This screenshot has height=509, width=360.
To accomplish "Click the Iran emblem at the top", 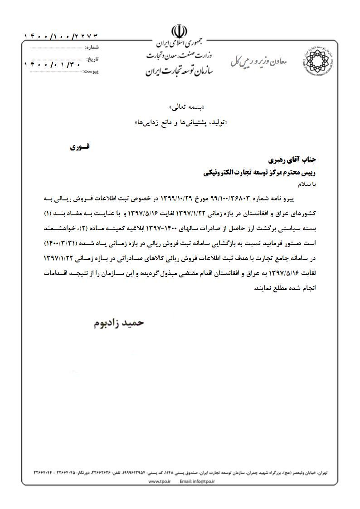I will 179,32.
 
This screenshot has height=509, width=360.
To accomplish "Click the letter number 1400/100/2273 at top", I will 61,36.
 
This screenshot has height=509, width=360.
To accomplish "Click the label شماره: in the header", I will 92,47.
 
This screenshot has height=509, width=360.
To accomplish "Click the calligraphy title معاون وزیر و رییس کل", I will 259,61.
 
